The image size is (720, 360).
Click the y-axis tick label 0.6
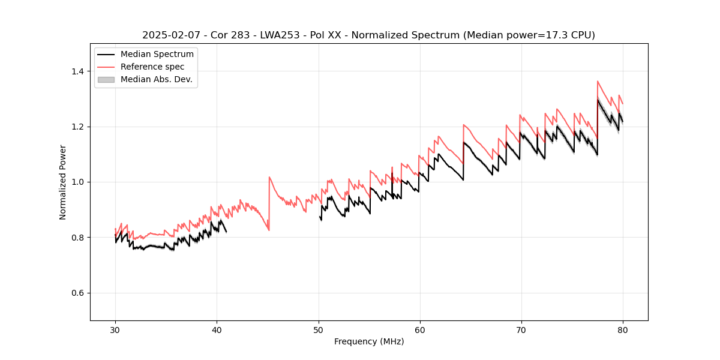click(77, 293)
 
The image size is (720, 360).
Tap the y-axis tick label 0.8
click(77, 238)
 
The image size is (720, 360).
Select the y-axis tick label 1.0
click(77, 182)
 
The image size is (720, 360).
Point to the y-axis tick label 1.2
click(77, 127)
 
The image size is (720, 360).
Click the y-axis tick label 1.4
click(77, 71)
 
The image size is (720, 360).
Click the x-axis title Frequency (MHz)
click(369, 341)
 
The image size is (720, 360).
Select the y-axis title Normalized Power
click(62, 182)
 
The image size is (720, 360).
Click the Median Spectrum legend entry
click(157, 55)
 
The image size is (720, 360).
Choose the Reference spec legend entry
click(152, 67)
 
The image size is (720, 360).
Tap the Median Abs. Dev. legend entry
click(156, 79)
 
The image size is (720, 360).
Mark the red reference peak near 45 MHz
click(269, 177)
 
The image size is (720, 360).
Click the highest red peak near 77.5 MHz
click(598, 81)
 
